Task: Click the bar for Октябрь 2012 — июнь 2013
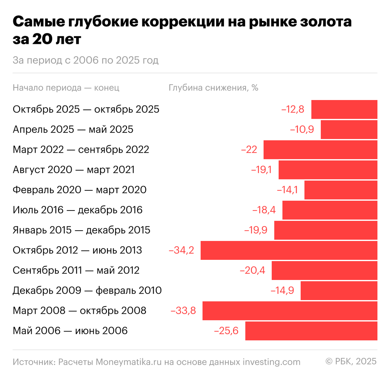289,250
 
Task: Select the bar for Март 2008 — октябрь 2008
290,310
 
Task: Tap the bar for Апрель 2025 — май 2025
349,129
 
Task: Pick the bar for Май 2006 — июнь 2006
311,331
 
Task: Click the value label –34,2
181,250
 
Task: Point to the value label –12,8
292,109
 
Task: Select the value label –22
249,149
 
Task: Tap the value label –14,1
287,190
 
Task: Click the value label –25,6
226,331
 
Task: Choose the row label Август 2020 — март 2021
73,170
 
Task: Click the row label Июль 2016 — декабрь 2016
77,210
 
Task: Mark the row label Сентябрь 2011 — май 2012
76,270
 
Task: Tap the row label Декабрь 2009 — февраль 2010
87,290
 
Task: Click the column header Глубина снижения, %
213,88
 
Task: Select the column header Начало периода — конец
66,88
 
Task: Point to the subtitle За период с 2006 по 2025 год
85,60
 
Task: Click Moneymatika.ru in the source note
128,362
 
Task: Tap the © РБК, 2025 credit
351,361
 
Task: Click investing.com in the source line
271,362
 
